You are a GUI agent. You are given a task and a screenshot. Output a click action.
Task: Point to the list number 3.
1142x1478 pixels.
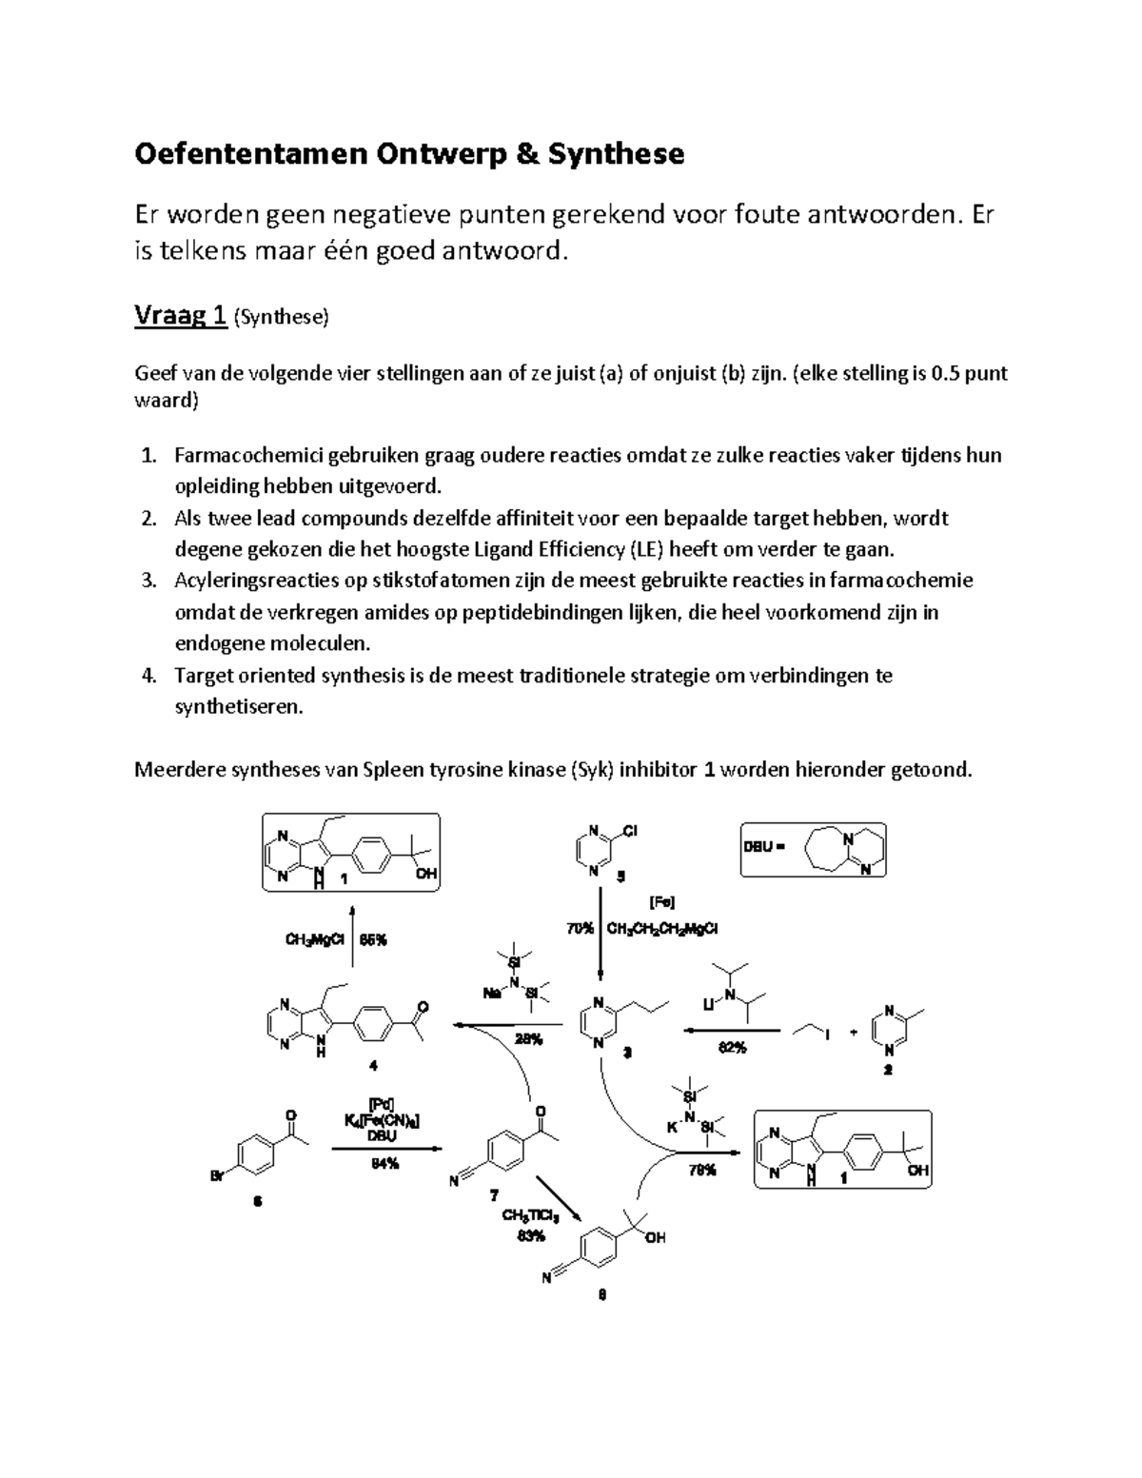click(148, 581)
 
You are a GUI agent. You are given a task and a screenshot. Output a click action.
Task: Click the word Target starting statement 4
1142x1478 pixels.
click(204, 676)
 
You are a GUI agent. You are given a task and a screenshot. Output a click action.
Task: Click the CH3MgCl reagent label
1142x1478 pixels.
click(314, 939)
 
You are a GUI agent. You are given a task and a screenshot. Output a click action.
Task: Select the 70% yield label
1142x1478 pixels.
click(579, 929)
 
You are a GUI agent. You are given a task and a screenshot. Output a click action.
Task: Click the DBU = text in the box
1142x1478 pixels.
click(765, 848)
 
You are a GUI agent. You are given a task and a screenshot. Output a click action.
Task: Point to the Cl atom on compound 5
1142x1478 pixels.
click(631, 831)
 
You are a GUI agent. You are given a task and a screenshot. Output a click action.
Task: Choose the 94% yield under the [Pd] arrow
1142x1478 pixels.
click(384, 1163)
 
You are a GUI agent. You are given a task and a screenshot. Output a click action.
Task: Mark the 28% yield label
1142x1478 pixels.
click(528, 1039)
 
